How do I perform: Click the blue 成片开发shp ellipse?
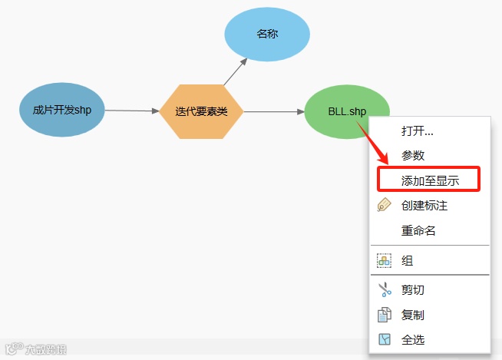62,110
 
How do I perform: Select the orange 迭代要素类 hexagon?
201,111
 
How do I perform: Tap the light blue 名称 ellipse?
266,35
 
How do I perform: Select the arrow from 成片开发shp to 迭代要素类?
131,111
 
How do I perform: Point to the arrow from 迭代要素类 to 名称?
236,71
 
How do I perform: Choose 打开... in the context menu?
418,130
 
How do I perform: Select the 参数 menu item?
413,155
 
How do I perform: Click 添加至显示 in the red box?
430,180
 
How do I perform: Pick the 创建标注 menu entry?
424,206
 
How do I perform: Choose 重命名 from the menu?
418,230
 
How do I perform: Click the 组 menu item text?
408,261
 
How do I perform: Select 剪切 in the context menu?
413,289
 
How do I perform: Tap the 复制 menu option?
413,315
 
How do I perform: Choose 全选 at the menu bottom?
413,339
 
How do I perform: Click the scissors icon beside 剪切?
385,289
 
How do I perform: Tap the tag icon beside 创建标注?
385,205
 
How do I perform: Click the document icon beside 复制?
385,315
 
